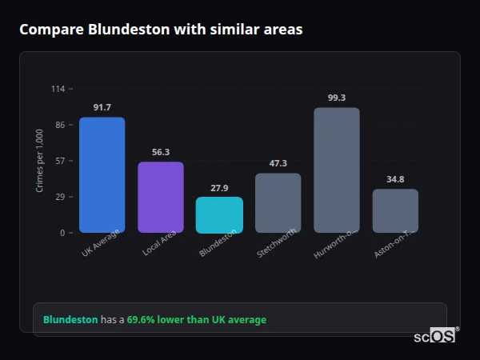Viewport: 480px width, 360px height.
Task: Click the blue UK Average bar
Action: click(x=102, y=175)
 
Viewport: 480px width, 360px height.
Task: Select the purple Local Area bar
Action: click(x=161, y=198)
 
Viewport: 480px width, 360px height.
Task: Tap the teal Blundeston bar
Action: click(x=219, y=215)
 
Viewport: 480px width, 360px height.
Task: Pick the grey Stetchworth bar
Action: click(x=278, y=203)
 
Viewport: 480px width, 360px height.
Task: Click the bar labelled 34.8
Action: click(x=395, y=211)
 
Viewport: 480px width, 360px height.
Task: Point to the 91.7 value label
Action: click(x=102, y=107)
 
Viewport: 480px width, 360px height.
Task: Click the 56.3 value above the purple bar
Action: click(x=161, y=152)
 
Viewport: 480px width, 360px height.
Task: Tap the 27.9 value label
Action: click(x=219, y=188)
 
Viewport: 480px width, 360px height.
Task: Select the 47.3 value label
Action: click(x=278, y=163)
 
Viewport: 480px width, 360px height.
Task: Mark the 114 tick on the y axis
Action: click(x=58, y=89)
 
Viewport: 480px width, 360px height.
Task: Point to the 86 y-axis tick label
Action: click(x=60, y=125)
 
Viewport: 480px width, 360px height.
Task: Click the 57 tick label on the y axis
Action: click(x=60, y=161)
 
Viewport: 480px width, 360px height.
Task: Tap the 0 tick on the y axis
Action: click(x=62, y=233)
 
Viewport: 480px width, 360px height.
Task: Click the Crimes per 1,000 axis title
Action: click(x=40, y=161)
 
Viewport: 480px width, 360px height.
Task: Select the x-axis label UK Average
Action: click(x=101, y=243)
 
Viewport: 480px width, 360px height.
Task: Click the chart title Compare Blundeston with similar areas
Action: click(x=161, y=30)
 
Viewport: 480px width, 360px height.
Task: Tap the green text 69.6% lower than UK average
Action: click(x=197, y=320)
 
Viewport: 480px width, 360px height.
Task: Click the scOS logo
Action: click(x=435, y=336)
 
